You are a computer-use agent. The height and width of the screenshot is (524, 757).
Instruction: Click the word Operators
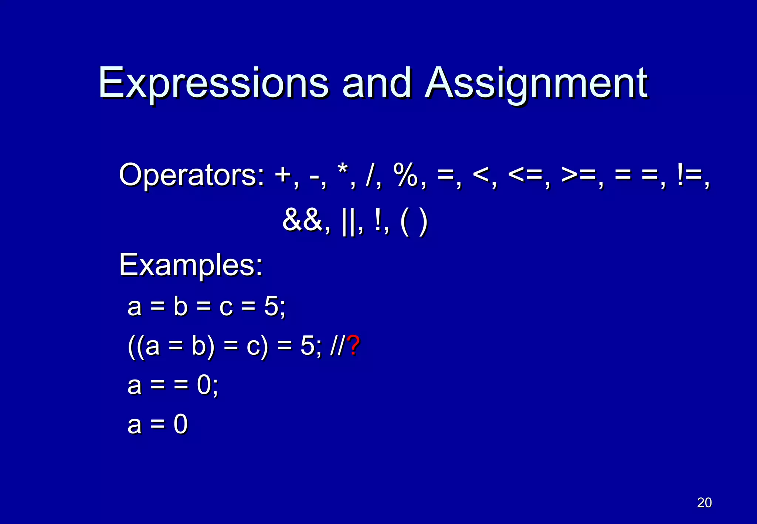pyautogui.click(x=191, y=174)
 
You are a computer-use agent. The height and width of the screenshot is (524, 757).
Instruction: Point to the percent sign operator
pyautogui.click(x=405, y=174)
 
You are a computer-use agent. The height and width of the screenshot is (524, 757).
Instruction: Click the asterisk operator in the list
pyautogui.click(x=343, y=172)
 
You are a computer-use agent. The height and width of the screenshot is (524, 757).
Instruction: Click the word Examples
pyautogui.click(x=190, y=265)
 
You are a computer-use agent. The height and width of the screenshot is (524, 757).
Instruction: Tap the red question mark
pyautogui.click(x=354, y=346)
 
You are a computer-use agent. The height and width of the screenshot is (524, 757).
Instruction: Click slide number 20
pyautogui.click(x=704, y=503)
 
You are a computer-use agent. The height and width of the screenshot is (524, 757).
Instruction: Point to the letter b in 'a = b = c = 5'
pyautogui.click(x=181, y=306)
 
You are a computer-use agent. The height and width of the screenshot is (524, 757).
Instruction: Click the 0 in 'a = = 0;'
pyautogui.click(x=204, y=385)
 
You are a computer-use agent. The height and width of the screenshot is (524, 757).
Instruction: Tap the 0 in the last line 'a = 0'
pyautogui.click(x=181, y=424)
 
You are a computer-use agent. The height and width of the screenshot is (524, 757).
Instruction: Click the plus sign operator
pyautogui.click(x=284, y=175)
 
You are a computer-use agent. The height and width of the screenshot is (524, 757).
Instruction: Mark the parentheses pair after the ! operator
pyautogui.click(x=414, y=222)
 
